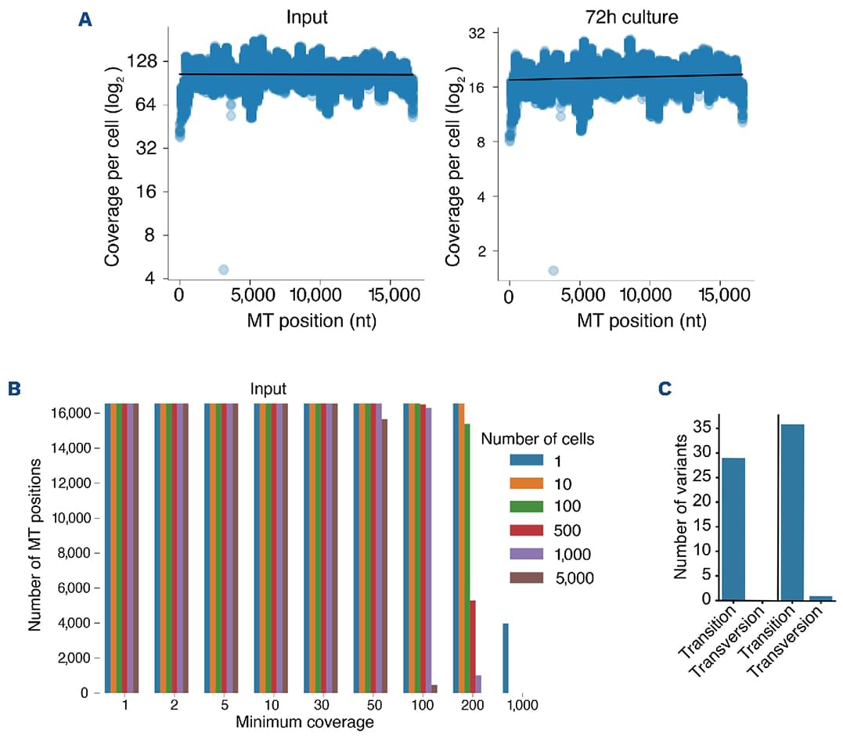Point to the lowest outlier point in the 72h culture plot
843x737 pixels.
(x=553, y=271)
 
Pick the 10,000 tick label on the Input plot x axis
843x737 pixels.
(x=320, y=300)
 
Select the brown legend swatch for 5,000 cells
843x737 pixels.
(x=525, y=579)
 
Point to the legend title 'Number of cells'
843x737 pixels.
(x=537, y=439)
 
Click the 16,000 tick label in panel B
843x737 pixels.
(x=72, y=413)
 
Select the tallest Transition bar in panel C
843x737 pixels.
(x=793, y=512)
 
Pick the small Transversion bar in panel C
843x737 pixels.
(x=820, y=598)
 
